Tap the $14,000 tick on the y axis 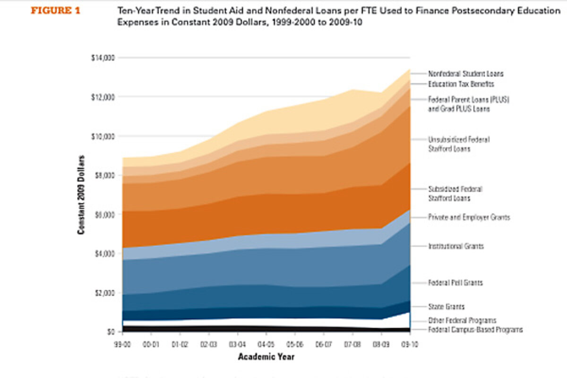click(x=103, y=58)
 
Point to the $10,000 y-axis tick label click(x=103, y=137)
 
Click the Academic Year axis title click(x=266, y=357)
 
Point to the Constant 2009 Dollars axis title click(x=81, y=195)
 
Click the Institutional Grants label click(x=456, y=247)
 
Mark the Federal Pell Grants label click(x=455, y=283)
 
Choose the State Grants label click(x=446, y=307)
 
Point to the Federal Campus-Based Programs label click(x=475, y=330)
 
